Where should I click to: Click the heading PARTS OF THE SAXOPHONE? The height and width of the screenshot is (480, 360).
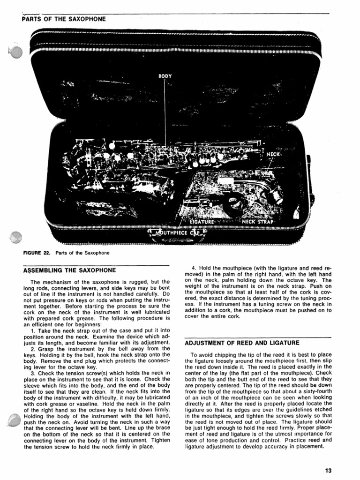tap(64, 19)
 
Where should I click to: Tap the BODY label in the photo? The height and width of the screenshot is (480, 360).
tap(165, 75)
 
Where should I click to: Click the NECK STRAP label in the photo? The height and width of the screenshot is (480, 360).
tap(261, 221)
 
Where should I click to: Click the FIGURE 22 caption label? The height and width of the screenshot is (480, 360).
tap(37, 253)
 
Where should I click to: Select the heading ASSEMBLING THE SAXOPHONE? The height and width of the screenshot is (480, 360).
tap(69, 270)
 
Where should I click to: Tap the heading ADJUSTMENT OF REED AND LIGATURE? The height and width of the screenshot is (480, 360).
tap(242, 343)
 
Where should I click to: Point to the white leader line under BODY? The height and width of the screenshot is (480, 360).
tap(165, 112)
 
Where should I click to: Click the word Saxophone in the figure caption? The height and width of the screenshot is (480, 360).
tap(97, 253)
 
